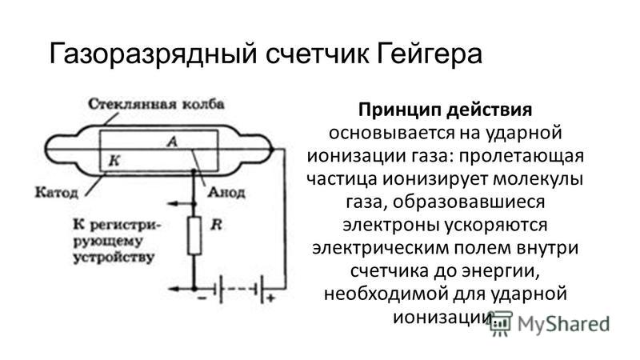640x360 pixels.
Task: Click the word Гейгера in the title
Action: [x=429, y=54]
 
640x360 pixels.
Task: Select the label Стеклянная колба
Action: [x=156, y=104]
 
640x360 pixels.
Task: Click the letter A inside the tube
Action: [x=172, y=142]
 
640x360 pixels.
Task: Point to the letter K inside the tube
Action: [x=114, y=161]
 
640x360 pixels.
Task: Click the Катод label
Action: [x=56, y=192]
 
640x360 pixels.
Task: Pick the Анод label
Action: [x=226, y=192]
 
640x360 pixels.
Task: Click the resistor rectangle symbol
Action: [x=194, y=236]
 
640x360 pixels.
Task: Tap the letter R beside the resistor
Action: [x=216, y=225]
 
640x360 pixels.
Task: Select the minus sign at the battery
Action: [x=202, y=298]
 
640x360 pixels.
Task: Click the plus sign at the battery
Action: [x=270, y=298]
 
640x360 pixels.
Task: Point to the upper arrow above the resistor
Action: [x=182, y=203]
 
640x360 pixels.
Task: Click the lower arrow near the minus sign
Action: [x=182, y=289]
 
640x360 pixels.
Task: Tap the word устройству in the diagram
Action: [x=114, y=258]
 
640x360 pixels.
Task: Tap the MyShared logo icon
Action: [x=502, y=323]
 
